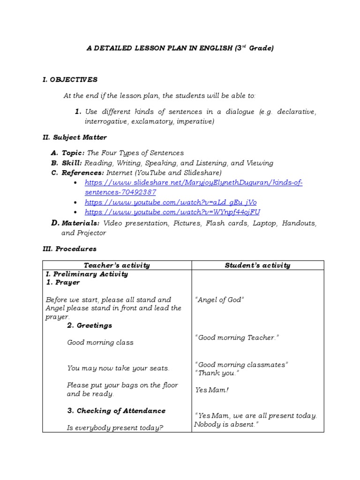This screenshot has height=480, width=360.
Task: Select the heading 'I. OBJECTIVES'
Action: pyautogui.click(x=70, y=80)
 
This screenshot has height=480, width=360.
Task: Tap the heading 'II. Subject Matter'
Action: pyautogui.click(x=75, y=137)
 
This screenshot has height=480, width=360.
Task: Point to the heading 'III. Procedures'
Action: pyautogui.click(x=69, y=249)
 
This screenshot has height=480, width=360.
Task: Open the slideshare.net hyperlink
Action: pyautogui.click(x=193, y=183)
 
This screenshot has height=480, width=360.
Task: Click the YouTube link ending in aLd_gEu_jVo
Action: pyautogui.click(x=170, y=202)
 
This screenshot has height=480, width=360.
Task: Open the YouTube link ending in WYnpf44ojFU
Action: pyautogui.click(x=173, y=212)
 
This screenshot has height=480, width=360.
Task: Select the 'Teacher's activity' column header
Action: pyautogui.click(x=117, y=265)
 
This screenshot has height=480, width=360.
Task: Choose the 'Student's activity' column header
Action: pyautogui.click(x=257, y=265)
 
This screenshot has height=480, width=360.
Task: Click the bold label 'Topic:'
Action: pyautogui.click(x=73, y=153)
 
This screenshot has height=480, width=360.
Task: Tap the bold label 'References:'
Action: pyautogui.click(x=82, y=173)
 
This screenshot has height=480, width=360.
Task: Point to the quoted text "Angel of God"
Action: pyautogui.click(x=219, y=300)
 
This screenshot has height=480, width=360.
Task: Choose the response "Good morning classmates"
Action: pyautogui.click(x=241, y=364)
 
